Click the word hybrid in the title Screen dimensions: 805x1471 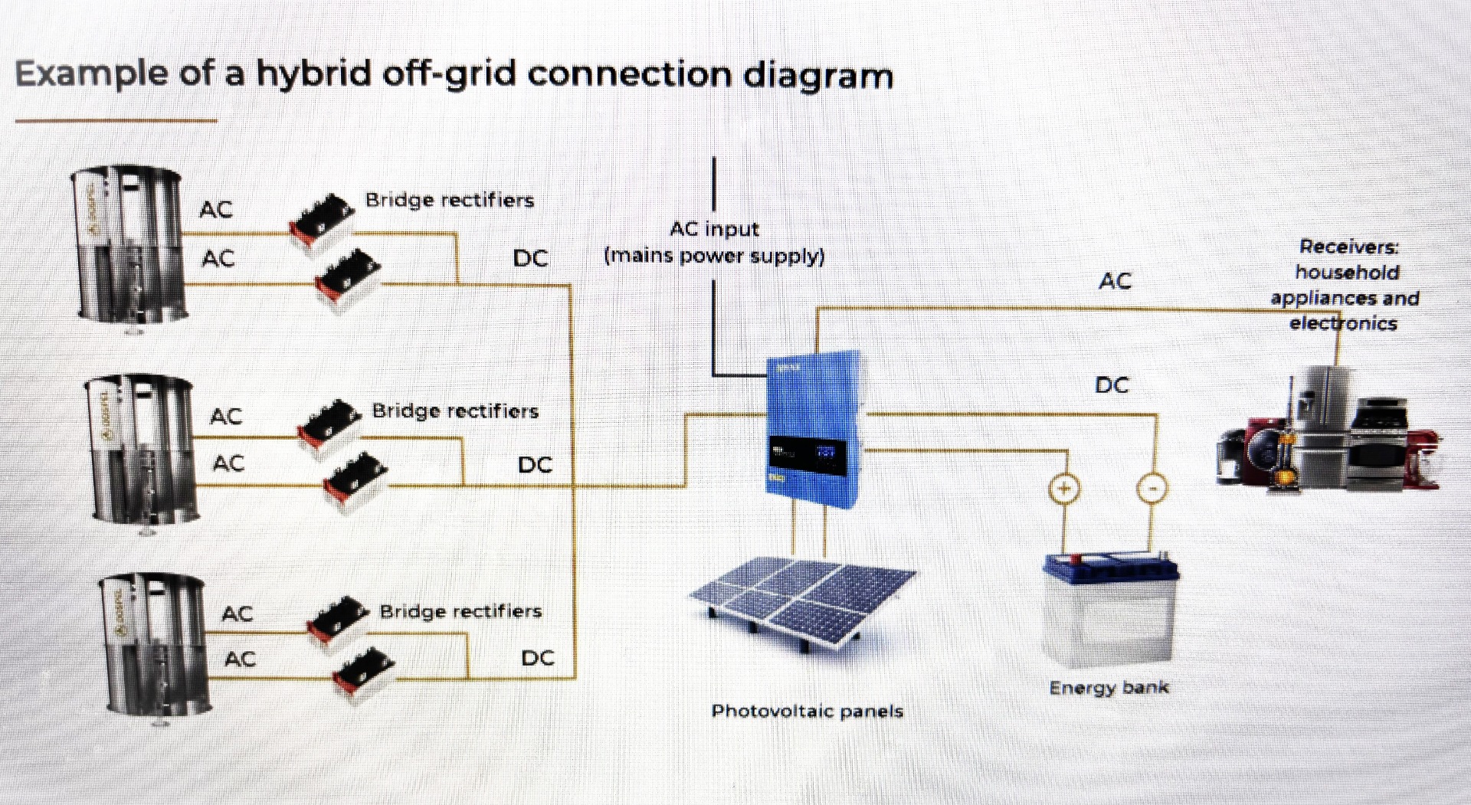(313, 74)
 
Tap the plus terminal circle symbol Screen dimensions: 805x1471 (1063, 489)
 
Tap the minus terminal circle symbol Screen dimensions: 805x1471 (1152, 489)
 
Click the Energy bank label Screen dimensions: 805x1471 (1109, 688)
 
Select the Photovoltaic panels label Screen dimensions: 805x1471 (807, 712)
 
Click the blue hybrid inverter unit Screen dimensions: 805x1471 (815, 429)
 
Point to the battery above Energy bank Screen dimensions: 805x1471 (1110, 610)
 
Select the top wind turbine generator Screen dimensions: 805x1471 (130, 245)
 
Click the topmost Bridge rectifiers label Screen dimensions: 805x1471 (450, 201)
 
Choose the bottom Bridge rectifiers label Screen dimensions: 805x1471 (460, 611)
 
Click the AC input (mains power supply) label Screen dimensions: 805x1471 (714, 242)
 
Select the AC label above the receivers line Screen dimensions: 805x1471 (1115, 281)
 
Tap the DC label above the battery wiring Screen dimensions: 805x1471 (1112, 385)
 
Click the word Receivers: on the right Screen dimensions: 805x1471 (1348, 247)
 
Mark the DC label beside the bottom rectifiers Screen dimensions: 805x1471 (538, 659)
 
